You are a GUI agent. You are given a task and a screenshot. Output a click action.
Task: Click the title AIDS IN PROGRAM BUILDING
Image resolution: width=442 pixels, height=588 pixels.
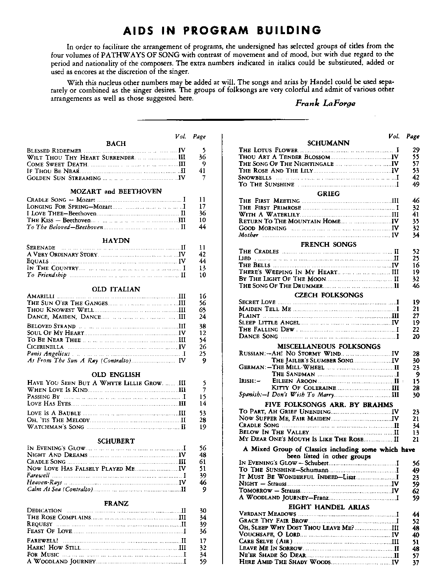point(222,30)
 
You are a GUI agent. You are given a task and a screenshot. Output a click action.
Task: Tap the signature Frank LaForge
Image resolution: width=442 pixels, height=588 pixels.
point(325,104)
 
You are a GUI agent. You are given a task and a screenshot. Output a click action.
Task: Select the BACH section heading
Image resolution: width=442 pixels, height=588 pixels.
point(116,144)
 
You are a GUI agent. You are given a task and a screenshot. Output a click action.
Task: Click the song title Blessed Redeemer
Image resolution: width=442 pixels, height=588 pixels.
point(54,151)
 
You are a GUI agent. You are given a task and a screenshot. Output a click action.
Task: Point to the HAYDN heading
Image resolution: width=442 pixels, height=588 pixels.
point(116,240)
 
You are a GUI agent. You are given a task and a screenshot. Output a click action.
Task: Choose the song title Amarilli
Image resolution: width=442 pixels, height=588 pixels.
point(41,296)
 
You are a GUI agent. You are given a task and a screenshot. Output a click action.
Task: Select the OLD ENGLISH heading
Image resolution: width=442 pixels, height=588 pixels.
point(116,375)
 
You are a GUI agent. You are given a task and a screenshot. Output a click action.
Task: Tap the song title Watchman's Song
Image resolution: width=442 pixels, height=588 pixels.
point(55,427)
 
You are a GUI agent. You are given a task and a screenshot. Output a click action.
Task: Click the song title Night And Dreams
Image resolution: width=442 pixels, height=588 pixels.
point(57,455)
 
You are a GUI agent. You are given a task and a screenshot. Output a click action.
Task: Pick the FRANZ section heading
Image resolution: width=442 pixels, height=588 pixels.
point(116,503)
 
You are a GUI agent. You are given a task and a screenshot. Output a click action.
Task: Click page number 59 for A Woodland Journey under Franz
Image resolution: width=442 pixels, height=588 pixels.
point(203,562)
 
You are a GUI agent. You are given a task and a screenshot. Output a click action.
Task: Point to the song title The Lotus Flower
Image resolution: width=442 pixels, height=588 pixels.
point(268,150)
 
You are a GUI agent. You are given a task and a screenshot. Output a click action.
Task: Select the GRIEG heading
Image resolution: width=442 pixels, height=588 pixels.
point(329,193)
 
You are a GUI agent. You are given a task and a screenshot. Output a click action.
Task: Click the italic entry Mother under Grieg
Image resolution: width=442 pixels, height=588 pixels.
point(248,235)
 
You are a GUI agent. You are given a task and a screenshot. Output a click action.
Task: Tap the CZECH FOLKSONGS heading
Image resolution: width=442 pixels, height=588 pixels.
point(329,295)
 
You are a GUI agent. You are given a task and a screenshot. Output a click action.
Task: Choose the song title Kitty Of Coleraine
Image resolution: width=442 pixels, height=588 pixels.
point(304,388)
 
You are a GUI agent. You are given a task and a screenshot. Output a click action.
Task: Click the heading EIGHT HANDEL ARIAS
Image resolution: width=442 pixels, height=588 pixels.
point(329,507)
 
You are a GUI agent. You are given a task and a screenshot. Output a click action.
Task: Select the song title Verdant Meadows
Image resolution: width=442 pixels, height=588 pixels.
point(267,514)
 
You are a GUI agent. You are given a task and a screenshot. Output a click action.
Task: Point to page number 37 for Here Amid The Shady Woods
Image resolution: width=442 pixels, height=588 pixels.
point(416,563)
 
